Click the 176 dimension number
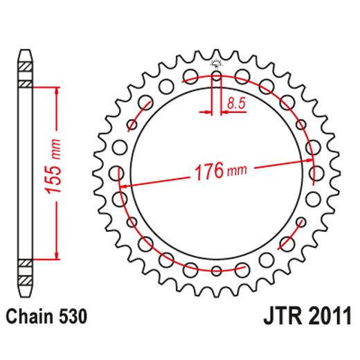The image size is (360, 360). pyautogui.click(x=206, y=172)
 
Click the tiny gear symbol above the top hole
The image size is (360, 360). pyautogui.click(x=216, y=64)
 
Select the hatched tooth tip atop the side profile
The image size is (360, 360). pyautogui.click(x=25, y=66)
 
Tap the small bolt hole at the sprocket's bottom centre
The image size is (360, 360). pyautogui.click(x=216, y=269)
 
